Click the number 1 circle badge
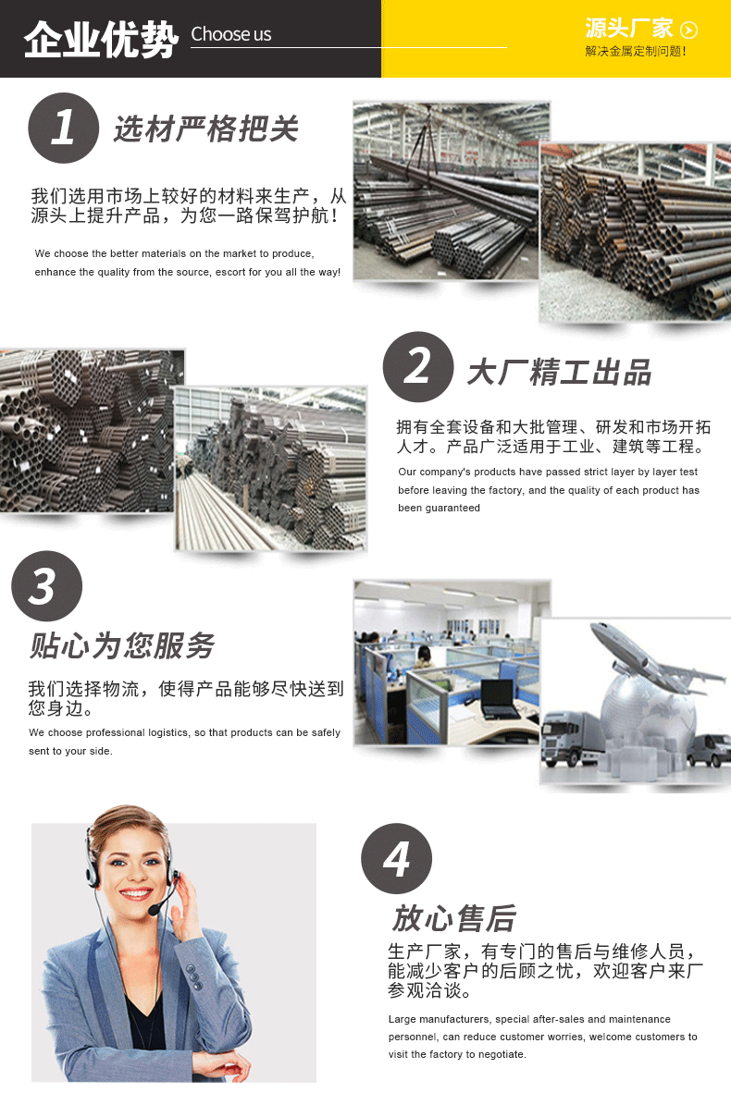pos(64,129)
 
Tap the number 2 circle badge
pos(418,366)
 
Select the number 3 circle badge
pos(46,585)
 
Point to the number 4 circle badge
pos(396,858)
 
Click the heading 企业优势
pos(101,38)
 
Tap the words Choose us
pos(231,34)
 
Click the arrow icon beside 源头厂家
pos(688,30)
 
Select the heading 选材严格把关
pos(206,129)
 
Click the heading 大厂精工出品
pos(559,372)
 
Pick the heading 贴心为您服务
pos(122,645)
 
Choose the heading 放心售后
pos(454,918)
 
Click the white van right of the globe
pos(709,750)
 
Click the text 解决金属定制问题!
pos(635,52)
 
